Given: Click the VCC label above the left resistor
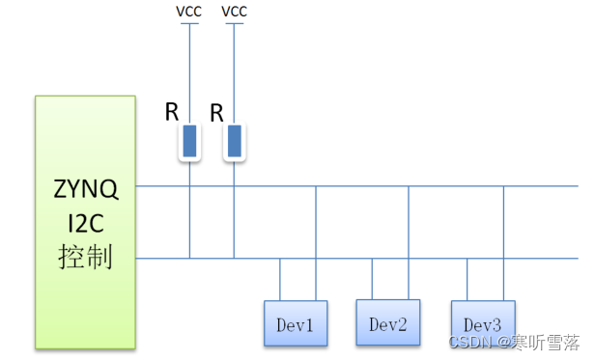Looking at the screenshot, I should point(187,12).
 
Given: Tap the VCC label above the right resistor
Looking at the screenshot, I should point(234,12).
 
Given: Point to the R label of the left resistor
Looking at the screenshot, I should point(171,111).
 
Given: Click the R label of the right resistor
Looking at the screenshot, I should point(216,113).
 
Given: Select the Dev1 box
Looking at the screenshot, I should point(296,323).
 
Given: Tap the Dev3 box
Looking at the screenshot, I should point(482,323).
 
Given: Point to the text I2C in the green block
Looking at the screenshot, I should point(86,224).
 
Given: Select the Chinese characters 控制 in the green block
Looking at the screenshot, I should point(86,258).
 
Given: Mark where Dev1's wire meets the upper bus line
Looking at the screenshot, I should point(316,186).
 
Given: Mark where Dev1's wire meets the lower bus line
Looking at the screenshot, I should point(280,259).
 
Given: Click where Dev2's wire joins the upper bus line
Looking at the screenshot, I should point(409,186).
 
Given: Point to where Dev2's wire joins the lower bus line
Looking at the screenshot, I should point(372,259).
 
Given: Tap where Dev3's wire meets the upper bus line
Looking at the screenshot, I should point(503,186).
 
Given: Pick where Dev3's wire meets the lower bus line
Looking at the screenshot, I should point(467,259).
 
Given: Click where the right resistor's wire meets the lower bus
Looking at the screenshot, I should point(234,259).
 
